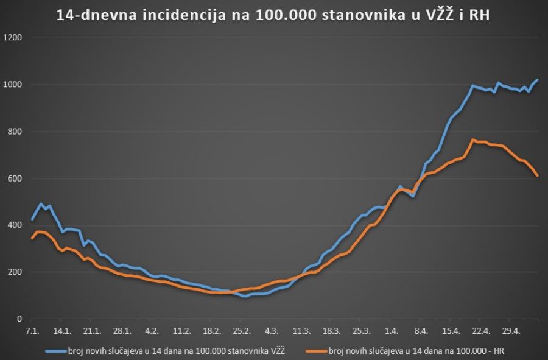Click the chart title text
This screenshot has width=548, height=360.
click(273, 15)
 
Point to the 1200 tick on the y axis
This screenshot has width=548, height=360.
click(13, 38)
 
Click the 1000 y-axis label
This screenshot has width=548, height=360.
click(13, 85)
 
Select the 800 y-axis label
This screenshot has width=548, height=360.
click(15, 132)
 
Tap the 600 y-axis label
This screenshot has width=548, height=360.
click(15, 178)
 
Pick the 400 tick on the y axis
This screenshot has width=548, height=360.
click(15, 225)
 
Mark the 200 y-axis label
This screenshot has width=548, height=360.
click(15, 272)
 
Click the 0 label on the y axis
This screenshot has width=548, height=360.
click(19, 319)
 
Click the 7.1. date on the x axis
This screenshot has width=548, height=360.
click(32, 331)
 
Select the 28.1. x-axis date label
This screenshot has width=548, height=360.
click(122, 331)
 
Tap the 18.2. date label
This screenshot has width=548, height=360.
click(211, 331)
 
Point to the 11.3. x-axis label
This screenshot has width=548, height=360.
click(301, 331)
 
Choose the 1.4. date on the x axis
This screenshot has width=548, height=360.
click(392, 331)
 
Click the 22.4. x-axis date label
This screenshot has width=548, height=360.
click(481, 331)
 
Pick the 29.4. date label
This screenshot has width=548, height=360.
click(511, 331)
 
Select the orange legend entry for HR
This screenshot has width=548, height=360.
click(409, 350)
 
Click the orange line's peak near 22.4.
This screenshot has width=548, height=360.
click(473, 139)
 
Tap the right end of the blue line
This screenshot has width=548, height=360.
click(537, 80)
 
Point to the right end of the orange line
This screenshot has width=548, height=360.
click(537, 175)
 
